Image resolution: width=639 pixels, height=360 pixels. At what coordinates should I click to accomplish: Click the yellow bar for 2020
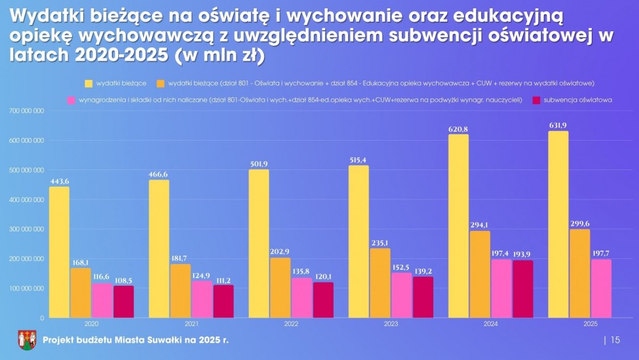pyautogui.click(x=59, y=252)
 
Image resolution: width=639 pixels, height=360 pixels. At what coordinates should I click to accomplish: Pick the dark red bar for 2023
pyautogui.click(x=423, y=297)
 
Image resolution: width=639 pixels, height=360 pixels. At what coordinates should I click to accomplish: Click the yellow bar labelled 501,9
pyautogui.click(x=259, y=243)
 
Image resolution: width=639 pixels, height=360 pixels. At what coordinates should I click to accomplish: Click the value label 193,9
pyautogui.click(x=522, y=254)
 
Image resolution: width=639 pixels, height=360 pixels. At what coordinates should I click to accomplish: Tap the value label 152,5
pyautogui.click(x=402, y=267)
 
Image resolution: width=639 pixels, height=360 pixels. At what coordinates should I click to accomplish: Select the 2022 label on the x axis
pyautogui.click(x=291, y=325)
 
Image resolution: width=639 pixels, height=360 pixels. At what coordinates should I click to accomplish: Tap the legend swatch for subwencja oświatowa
pyautogui.click(x=535, y=100)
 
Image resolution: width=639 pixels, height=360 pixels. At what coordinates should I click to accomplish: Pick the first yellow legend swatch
pyautogui.click(x=89, y=83)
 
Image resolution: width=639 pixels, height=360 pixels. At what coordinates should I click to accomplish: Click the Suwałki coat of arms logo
pyautogui.click(x=27, y=340)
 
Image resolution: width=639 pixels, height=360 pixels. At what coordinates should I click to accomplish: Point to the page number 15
pyautogui.click(x=615, y=340)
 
